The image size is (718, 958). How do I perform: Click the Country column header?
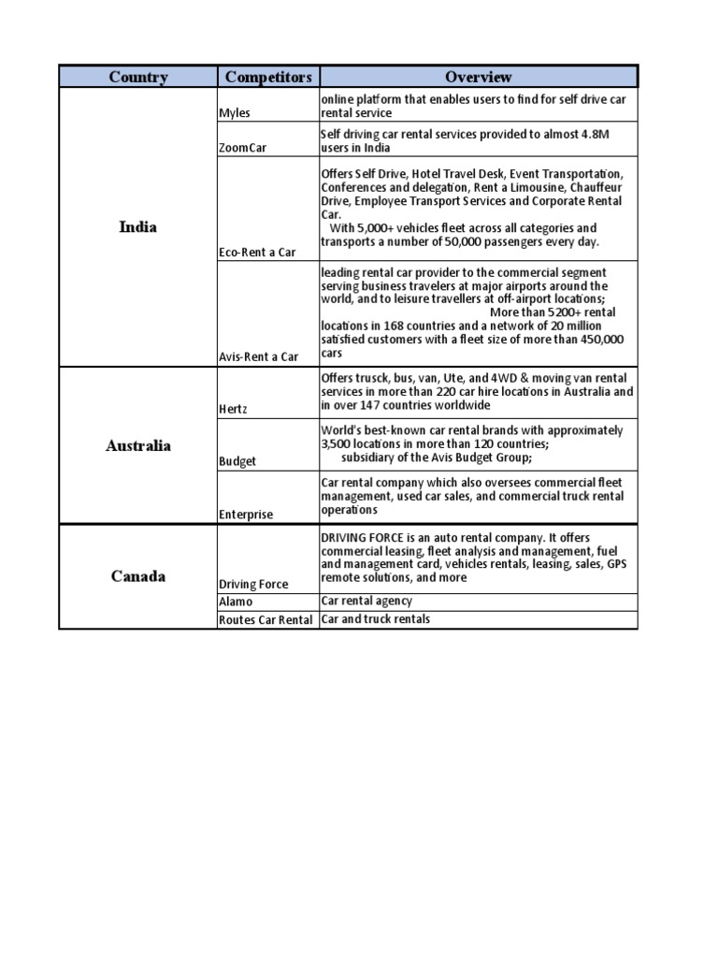point(137,77)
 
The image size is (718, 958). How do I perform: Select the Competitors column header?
point(267,77)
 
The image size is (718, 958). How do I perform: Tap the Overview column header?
point(478,77)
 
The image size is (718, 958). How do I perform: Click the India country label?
point(138,226)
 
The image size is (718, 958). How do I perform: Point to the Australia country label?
point(138,445)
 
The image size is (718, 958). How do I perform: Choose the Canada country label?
point(138,575)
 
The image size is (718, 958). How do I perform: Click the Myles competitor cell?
point(235,112)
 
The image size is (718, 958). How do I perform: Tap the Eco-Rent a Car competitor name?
point(257,252)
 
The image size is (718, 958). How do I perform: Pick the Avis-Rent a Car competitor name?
point(259,356)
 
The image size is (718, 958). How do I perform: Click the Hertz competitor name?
point(234,409)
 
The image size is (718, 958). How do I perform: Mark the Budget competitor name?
point(237,461)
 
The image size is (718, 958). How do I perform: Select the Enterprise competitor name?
point(246,514)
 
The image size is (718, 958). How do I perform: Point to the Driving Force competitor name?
point(253,584)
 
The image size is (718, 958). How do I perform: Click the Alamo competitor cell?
point(236,602)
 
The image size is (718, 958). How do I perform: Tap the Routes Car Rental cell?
point(266,619)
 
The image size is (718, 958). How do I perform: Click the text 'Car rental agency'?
point(366,602)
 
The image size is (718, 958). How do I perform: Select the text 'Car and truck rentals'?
point(376,619)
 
